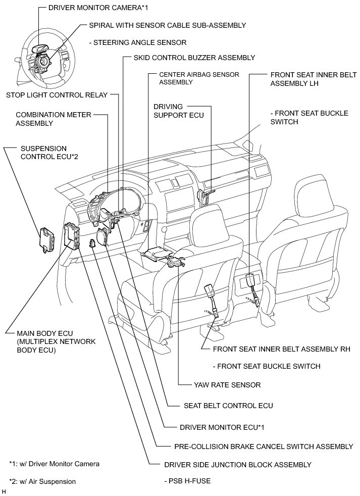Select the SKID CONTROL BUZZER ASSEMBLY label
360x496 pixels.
pyautogui.click(x=194, y=58)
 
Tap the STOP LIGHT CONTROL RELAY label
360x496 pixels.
pyautogui.click(x=57, y=95)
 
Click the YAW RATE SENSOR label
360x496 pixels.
pyautogui.click(x=227, y=385)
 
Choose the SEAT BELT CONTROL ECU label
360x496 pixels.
pyautogui.click(x=228, y=405)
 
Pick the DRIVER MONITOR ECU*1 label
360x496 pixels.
pyautogui.click(x=222, y=427)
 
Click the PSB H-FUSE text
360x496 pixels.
pyautogui.click(x=187, y=481)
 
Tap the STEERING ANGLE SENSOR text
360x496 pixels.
pyautogui.click(x=137, y=42)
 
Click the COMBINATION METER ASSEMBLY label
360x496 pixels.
pyautogui.click(x=54, y=119)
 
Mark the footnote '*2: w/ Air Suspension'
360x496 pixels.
pyautogui.click(x=42, y=481)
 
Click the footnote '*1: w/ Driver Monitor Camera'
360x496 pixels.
pyautogui.click(x=54, y=464)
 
